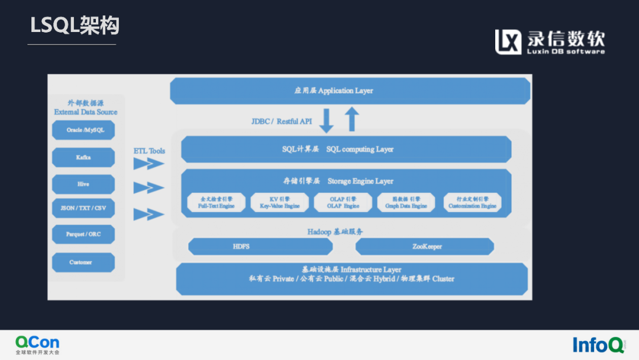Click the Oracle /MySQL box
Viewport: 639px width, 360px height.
83,130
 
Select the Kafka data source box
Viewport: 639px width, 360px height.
83,157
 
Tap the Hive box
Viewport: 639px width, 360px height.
83,184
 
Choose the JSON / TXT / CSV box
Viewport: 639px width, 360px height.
83,208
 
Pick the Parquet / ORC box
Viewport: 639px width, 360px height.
83,234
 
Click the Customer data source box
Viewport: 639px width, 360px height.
83,262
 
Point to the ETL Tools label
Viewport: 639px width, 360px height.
149,151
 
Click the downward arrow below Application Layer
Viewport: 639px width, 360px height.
327,120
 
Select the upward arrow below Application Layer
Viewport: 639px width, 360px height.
352,118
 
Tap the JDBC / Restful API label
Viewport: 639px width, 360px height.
282,121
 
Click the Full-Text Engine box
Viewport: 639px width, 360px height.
216,203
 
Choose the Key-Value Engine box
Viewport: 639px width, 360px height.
280,203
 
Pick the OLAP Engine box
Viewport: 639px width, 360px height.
343,203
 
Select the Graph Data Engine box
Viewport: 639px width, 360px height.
406,203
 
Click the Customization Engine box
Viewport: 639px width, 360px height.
472,203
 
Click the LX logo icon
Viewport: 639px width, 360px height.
508,42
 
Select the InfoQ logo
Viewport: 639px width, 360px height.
598,344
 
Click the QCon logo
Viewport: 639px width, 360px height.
37,343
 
